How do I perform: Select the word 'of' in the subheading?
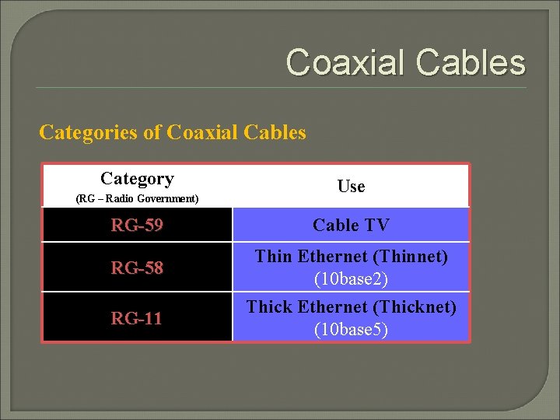[153, 132]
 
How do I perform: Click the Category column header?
[137, 179]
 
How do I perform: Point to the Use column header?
[351, 187]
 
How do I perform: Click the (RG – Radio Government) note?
[137, 199]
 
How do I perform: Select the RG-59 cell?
[137, 226]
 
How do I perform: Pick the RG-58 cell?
[137, 268]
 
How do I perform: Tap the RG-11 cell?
[137, 317]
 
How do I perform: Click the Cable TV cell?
[351, 226]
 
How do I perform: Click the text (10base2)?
[351, 278]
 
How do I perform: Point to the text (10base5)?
[351, 329]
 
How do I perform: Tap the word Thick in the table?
[268, 307]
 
